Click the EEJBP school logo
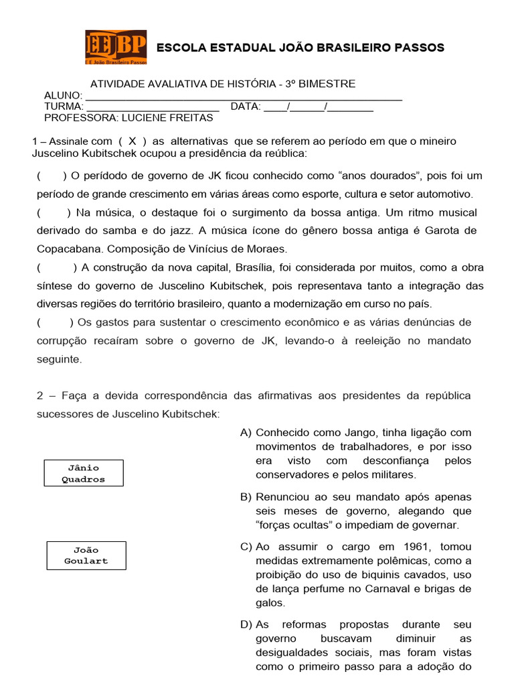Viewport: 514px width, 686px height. tap(116, 47)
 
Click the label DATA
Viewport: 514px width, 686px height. tap(245, 107)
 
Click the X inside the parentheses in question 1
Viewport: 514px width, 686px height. tap(133, 141)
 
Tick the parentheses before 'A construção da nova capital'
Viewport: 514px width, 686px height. tap(57, 268)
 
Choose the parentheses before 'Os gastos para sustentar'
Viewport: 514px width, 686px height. tap(54, 323)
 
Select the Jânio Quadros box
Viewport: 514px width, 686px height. tap(84, 473)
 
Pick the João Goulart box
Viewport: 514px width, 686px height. tap(86, 555)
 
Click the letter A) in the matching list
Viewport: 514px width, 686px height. tap(246, 433)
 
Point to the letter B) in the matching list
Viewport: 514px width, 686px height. tap(246, 497)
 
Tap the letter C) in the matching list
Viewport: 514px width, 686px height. tap(246, 547)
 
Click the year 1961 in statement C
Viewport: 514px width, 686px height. tap(395, 547)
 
